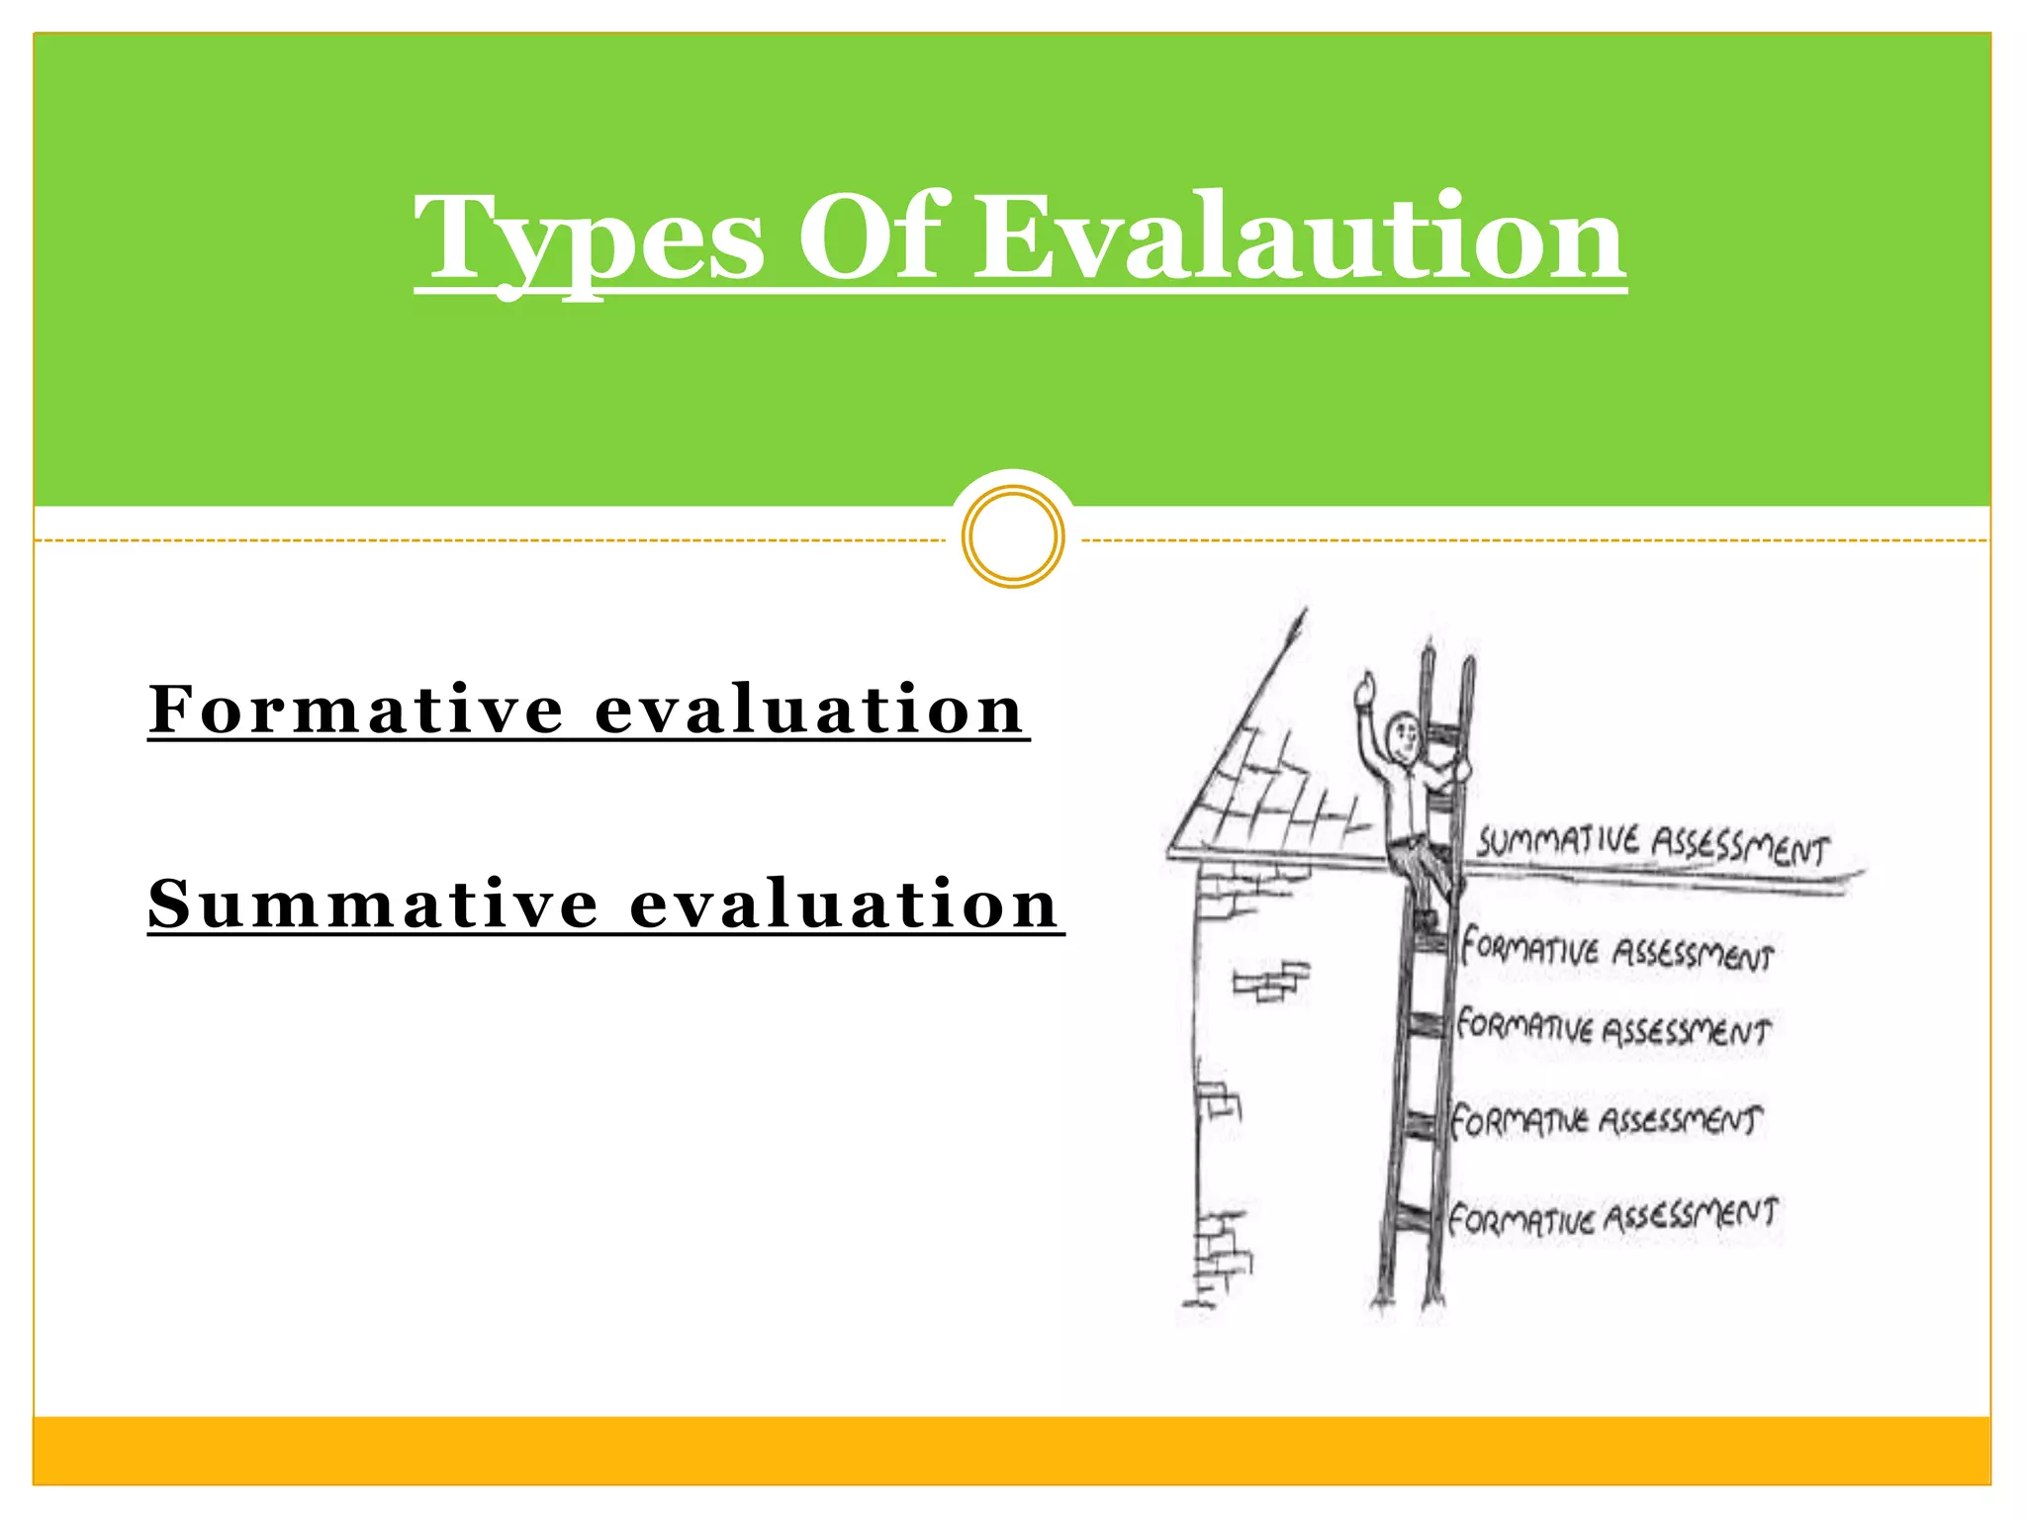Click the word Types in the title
(x=590, y=237)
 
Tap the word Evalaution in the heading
(x=1300, y=237)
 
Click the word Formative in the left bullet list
(x=357, y=710)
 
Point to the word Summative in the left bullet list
(x=374, y=903)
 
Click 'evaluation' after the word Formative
(x=809, y=710)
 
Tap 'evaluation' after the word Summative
(x=844, y=903)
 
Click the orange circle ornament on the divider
(x=1013, y=536)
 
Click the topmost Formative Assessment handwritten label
(x=1617, y=950)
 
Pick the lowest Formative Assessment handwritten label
(x=1612, y=1216)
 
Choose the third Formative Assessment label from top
(x=1607, y=1121)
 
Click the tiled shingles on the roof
(x=1276, y=792)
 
